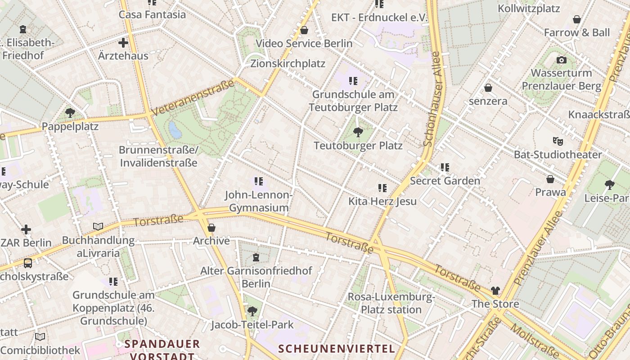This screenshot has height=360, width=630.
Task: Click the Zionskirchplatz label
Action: tap(288, 63)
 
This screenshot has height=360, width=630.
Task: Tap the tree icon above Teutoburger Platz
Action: tap(358, 132)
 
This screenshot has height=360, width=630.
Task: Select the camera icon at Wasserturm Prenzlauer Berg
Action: tap(561, 60)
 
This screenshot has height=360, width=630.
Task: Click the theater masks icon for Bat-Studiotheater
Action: tap(558, 141)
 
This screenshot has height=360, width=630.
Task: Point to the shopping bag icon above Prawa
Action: tap(550, 179)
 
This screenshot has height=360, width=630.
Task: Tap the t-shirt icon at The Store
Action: tap(495, 291)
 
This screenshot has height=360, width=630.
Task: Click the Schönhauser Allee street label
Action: tap(432, 99)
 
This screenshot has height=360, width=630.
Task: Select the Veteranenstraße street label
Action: tap(193, 97)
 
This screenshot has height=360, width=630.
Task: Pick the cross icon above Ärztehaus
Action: tap(123, 43)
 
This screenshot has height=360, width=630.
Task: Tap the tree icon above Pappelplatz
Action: tap(70, 112)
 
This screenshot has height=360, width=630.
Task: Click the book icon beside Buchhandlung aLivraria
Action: tap(98, 226)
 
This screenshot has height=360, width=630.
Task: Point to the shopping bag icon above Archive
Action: tap(211, 228)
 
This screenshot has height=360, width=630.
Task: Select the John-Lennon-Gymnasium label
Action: tap(259, 201)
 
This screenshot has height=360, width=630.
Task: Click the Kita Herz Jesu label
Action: tap(382, 201)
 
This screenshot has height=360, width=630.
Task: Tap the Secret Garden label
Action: tap(445, 181)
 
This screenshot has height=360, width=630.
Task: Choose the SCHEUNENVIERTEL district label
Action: tap(337, 348)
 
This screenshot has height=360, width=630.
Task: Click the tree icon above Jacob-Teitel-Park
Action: tap(252, 311)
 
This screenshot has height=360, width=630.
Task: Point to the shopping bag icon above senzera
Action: tap(488, 88)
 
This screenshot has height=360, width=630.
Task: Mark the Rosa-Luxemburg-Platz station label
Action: tap(391, 303)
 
